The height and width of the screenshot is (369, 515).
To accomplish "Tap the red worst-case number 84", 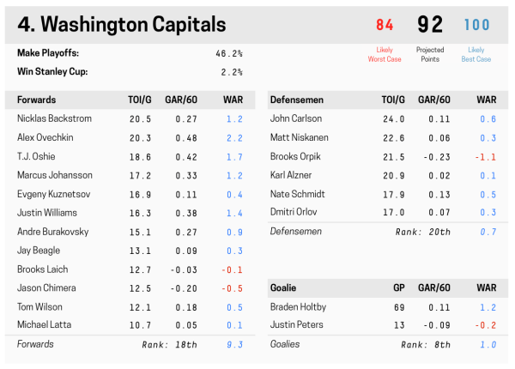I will [385, 25].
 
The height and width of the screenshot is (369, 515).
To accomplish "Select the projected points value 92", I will [430, 25].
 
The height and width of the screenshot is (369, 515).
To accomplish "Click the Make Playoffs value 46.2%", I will [228, 53].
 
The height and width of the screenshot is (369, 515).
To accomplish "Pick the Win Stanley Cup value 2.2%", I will [232, 72].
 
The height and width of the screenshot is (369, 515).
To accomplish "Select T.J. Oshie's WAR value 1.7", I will [234, 156].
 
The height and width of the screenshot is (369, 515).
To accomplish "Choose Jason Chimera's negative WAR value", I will [232, 288].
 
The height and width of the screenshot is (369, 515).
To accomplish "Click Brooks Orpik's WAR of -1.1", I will [486, 156].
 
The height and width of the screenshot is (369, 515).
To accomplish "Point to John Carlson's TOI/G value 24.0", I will [393, 118].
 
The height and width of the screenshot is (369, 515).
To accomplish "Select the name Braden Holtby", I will [298, 307].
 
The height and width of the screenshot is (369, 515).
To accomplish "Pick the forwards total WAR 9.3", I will [234, 345].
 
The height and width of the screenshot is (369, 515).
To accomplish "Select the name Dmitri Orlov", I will [294, 213].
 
